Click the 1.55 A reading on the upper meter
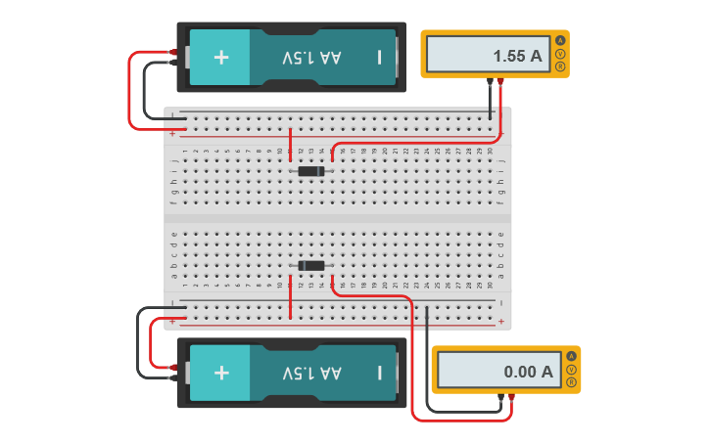coord(517,56)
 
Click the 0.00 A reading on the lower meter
coord(528,372)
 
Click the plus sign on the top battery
coord(221,57)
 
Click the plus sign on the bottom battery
coord(221,373)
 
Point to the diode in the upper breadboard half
coord(311,171)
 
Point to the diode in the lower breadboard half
coord(311,266)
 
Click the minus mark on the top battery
coord(379,57)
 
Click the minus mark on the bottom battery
coord(379,373)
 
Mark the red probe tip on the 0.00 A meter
coord(511,397)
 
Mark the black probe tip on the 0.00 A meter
coord(500,397)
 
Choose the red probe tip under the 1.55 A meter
coord(500,82)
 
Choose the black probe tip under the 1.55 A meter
coord(490,82)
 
